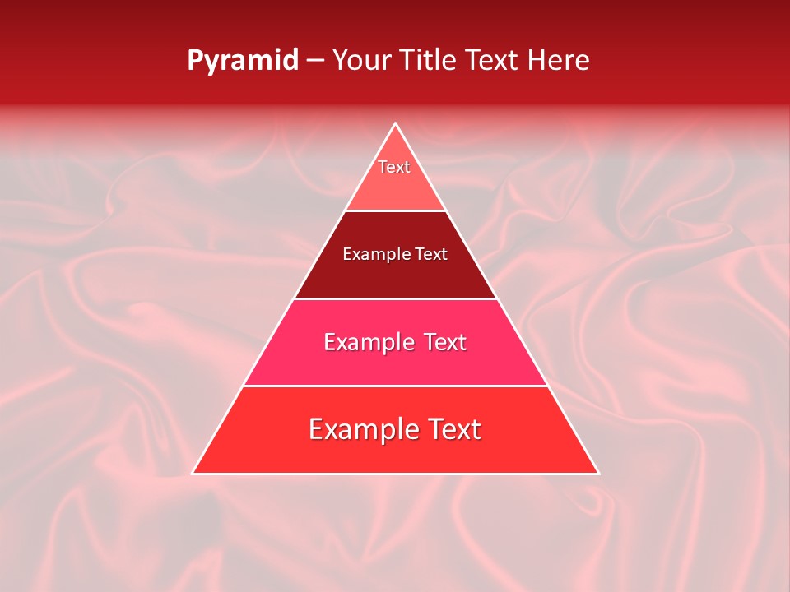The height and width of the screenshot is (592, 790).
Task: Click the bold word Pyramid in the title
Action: (242, 61)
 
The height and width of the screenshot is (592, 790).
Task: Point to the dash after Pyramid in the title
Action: (315, 61)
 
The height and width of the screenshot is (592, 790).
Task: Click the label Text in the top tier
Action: (394, 167)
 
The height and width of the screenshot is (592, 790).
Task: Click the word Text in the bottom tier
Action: (450, 429)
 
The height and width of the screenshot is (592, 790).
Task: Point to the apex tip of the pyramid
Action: (395, 125)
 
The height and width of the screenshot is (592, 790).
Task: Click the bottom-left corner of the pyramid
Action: (194, 472)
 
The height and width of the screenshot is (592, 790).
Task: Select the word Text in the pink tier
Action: (442, 342)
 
